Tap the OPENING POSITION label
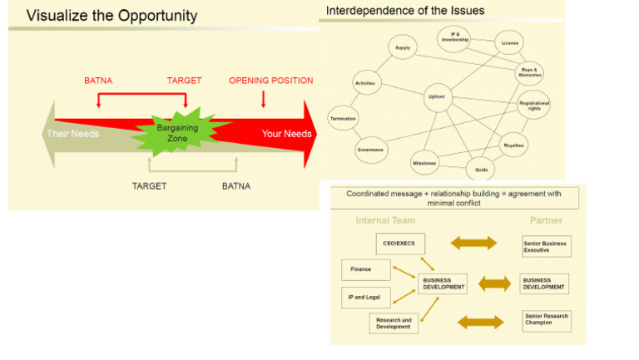pyautogui.click(x=270, y=81)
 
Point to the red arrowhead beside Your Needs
pyautogui.click(x=310, y=133)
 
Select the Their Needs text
pyautogui.click(x=72, y=133)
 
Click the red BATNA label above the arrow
pyautogui.click(x=98, y=81)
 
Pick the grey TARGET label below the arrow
pyautogui.click(x=149, y=186)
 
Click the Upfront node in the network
pyautogui.click(x=437, y=97)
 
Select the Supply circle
pyautogui.click(x=403, y=48)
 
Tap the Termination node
pyautogui.click(x=343, y=119)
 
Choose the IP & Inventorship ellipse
pyautogui.click(x=454, y=37)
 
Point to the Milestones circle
pyautogui.click(x=424, y=163)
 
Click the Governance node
pyautogui.click(x=370, y=150)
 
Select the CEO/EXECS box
pyautogui.click(x=401, y=243)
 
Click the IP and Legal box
pyautogui.click(x=367, y=295)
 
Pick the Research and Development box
pyautogui.click(x=394, y=323)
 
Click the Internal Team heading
pyautogui.click(x=385, y=220)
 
